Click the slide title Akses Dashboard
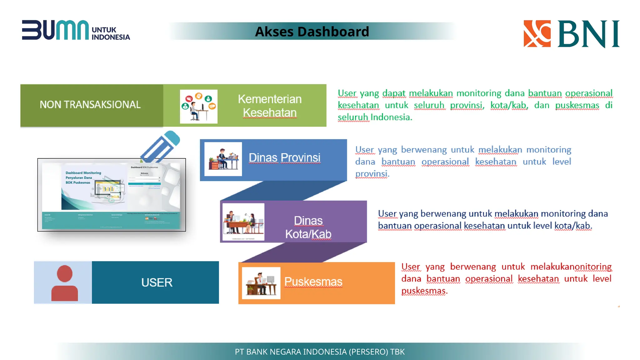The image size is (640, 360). coord(312,32)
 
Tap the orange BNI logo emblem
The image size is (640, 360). coord(537,34)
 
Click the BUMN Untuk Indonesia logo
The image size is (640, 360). coord(76,30)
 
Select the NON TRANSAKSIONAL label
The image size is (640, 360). coord(90,105)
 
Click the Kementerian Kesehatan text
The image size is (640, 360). coord(269,106)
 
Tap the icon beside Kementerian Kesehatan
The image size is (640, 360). coord(198,107)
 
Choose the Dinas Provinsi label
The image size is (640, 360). coord(284,158)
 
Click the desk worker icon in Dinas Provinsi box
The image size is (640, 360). coord(223,159)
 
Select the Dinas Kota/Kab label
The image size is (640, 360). coord(308,227)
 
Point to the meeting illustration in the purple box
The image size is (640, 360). coord(243,222)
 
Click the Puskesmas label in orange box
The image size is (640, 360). coord(313,282)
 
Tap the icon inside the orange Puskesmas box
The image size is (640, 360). coord(261,283)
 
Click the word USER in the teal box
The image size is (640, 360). coord(157,282)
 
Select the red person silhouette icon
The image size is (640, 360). coord(64,283)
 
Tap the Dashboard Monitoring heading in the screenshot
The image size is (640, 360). coord(83,173)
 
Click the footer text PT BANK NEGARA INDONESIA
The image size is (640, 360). coord(319,352)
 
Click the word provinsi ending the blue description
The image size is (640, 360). coord(372,174)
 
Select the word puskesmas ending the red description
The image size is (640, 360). coord(424,291)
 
